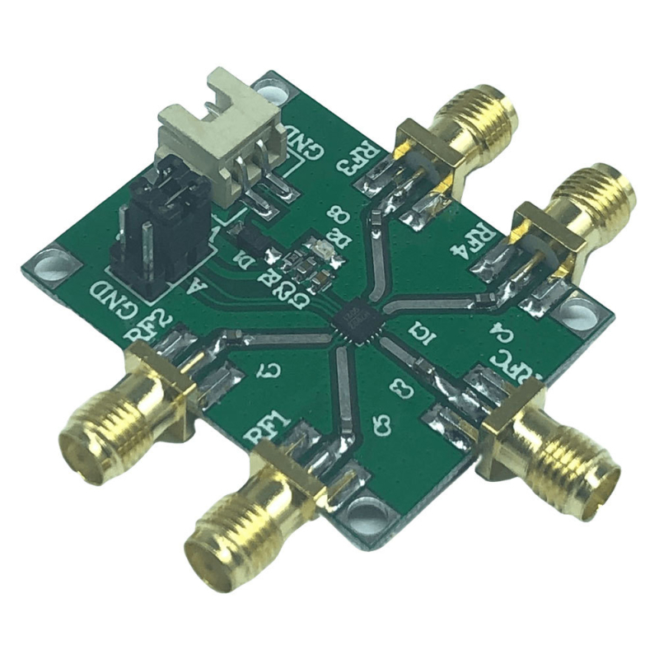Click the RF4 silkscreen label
click(475, 241)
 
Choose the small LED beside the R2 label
click(321, 250)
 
